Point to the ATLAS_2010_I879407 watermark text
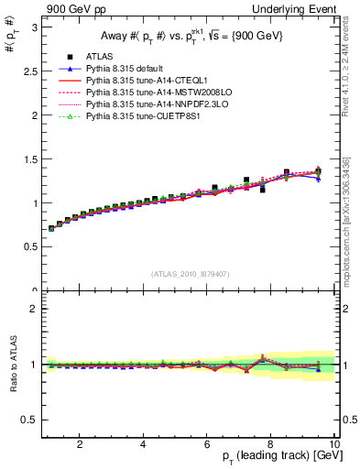191,273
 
